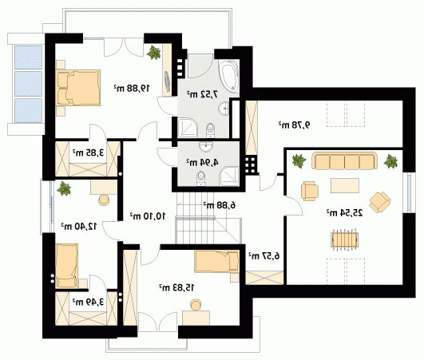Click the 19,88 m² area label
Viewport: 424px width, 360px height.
tap(132, 88)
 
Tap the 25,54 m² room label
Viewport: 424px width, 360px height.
tap(344, 212)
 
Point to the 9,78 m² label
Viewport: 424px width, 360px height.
tap(294, 125)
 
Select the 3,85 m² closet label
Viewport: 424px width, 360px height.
tap(88, 152)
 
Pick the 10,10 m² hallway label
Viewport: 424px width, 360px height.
tap(148, 216)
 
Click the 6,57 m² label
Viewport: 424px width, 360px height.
tap(264, 255)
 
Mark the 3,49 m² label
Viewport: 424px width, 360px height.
tap(88, 302)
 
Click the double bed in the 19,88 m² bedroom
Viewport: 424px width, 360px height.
tap(78, 88)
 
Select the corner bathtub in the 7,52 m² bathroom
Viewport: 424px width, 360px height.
tap(229, 76)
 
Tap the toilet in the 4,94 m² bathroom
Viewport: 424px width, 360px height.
tap(201, 178)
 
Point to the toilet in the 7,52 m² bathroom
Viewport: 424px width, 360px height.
tap(210, 131)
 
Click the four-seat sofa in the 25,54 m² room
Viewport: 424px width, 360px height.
tap(344, 160)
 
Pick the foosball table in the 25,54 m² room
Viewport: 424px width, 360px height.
tap(344, 239)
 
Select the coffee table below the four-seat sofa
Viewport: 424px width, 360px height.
tap(345, 185)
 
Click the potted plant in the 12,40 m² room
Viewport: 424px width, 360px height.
tap(64, 188)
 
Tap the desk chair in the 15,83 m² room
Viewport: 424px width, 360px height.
tap(196, 305)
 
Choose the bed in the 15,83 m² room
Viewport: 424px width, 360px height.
tap(216, 262)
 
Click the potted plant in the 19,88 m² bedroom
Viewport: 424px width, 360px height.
tap(154, 53)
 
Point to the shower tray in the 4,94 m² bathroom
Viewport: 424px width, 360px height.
tap(229, 176)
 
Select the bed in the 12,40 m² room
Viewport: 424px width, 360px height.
tap(66, 266)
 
